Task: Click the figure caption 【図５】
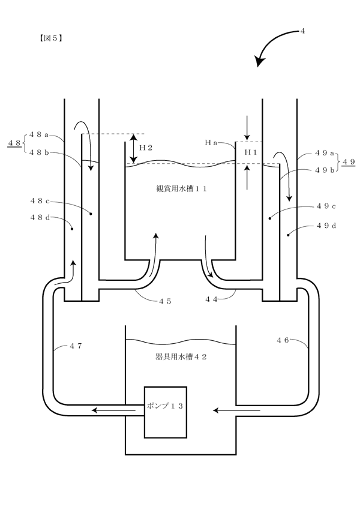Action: pyautogui.click(x=50, y=38)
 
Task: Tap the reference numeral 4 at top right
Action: pyautogui.click(x=302, y=31)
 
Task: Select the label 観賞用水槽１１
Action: pyautogui.click(x=182, y=188)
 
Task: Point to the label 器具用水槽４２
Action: pyautogui.click(x=182, y=357)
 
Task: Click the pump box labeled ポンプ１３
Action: pyautogui.click(x=166, y=412)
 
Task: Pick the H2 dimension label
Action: pyautogui.click(x=146, y=148)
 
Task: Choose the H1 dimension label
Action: pyautogui.click(x=251, y=152)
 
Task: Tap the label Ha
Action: pyautogui.click(x=211, y=142)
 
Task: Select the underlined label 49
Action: pyautogui.click(x=348, y=161)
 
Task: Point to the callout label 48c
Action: pyautogui.click(x=40, y=200)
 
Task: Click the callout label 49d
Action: pyautogui.click(x=326, y=226)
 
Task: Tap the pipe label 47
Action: pyautogui.click(x=76, y=346)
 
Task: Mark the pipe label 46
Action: pyautogui.click(x=283, y=340)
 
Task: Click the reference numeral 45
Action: pyautogui.click(x=165, y=301)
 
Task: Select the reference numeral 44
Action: pyautogui.click(x=211, y=299)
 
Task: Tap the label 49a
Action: pyautogui.click(x=325, y=153)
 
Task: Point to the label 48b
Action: pyautogui.click(x=39, y=152)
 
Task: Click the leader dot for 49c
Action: pyautogui.click(x=269, y=218)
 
